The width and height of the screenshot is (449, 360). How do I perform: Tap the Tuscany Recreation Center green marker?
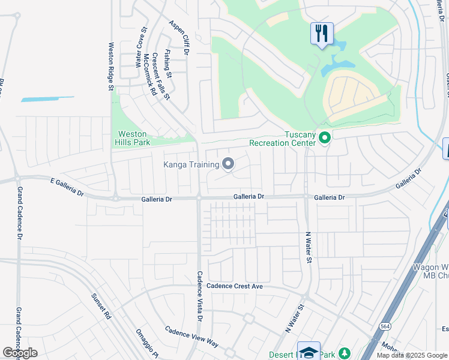pos(325,139)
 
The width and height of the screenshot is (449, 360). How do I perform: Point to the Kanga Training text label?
pos(191,163)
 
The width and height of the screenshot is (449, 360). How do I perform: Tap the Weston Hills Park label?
pos(133,138)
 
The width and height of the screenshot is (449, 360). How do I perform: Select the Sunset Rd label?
pos(101,306)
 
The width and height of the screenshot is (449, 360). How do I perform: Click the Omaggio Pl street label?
pos(146,347)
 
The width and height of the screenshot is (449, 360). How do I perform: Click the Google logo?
pos(20,353)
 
